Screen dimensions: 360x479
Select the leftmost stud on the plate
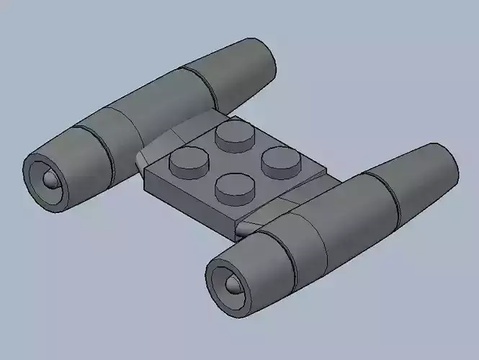[187, 163]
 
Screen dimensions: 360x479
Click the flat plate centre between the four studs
[232, 160]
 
